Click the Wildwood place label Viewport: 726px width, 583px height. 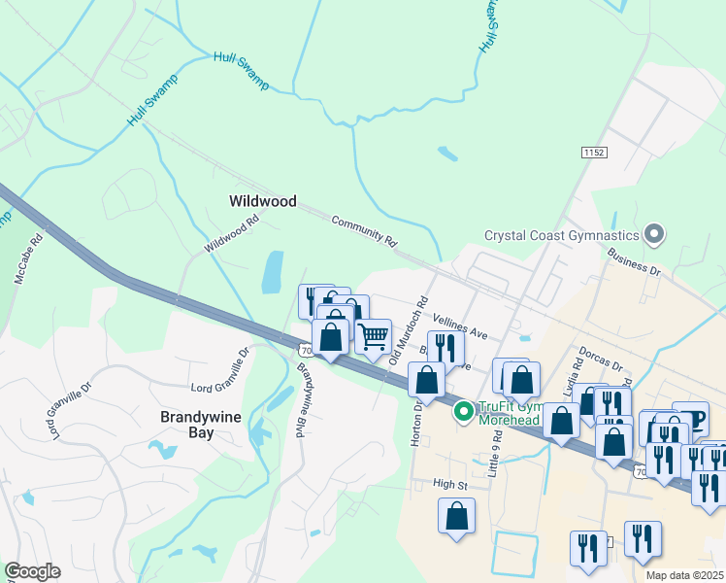click(262, 201)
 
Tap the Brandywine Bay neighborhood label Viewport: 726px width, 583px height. click(201, 425)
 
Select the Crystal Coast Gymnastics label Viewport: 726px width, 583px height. click(562, 235)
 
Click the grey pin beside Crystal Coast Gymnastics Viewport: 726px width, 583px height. click(654, 234)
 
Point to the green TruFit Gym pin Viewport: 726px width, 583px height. click(464, 413)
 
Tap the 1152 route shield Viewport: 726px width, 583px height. click(594, 154)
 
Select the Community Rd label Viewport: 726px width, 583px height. click(365, 229)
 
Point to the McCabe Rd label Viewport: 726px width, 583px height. click(29, 257)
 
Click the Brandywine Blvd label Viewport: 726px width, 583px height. click(300, 399)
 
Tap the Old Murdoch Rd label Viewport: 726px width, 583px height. click(409, 330)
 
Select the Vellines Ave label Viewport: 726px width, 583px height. click(460, 326)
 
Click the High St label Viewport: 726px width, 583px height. click(450, 484)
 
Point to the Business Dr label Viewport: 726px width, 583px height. click(633, 263)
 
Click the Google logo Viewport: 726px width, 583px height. click(32, 572)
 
